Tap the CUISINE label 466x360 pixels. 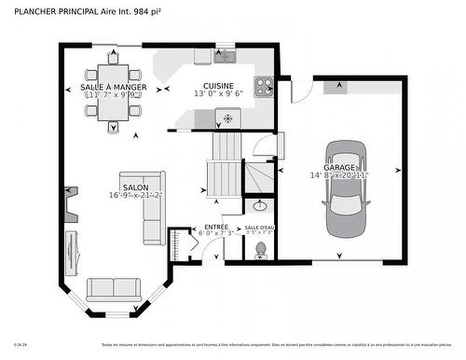pos(217,83)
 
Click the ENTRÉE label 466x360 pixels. pos(215,228)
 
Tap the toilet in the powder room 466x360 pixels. pos(261,249)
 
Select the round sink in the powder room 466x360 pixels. pos(259,206)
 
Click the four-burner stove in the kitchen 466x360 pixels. pos(263,86)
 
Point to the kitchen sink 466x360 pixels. pos(226,56)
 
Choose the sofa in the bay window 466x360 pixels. pos(114,290)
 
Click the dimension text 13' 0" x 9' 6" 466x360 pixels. pos(217,93)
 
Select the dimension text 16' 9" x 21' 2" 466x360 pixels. pos(135,195)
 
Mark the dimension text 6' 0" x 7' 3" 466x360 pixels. pos(215,234)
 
